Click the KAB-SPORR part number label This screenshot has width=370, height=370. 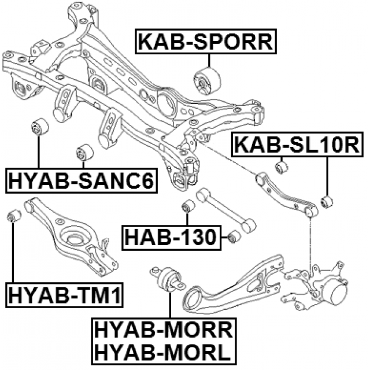206,42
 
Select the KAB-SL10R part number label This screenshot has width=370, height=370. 297,145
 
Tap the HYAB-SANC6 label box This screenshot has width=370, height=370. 81,181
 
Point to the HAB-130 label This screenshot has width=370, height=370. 172,236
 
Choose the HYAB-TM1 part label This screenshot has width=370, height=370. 64,297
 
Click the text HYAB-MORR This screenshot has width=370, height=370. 162,331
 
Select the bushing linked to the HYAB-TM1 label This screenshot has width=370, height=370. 14,217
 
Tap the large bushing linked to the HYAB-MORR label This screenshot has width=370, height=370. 169,278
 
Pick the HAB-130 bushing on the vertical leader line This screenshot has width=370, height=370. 187,206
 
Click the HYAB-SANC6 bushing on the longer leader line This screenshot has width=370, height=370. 38,127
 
